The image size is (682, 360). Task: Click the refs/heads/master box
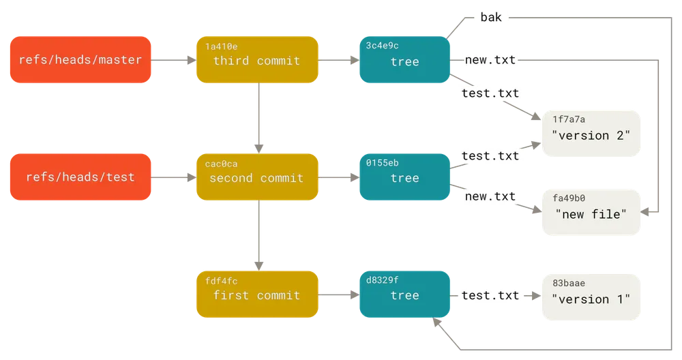[x=80, y=59]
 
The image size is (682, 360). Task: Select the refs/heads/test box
[x=80, y=177]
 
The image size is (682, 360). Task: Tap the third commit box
[x=257, y=59]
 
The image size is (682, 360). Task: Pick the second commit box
[x=257, y=177]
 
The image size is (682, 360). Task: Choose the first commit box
[x=257, y=295]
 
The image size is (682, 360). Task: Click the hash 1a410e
[x=222, y=46]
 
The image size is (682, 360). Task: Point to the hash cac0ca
[x=222, y=164]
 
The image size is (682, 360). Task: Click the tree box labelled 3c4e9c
[x=404, y=59]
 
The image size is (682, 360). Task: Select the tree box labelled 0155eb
[x=404, y=177]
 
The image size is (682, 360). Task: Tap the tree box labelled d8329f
[x=404, y=295]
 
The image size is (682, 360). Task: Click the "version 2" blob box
[x=591, y=134]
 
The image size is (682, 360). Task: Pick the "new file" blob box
[x=591, y=212]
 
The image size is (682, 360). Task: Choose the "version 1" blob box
[x=591, y=297]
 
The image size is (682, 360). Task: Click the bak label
[x=491, y=18]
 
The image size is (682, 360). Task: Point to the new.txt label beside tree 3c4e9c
[x=490, y=59]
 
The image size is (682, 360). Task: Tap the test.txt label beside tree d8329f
[x=490, y=295]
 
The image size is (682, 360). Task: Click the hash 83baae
[x=569, y=283]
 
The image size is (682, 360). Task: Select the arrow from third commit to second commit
[x=258, y=118]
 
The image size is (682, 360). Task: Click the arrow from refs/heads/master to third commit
[x=173, y=60]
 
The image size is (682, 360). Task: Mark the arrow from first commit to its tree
[x=339, y=295]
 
